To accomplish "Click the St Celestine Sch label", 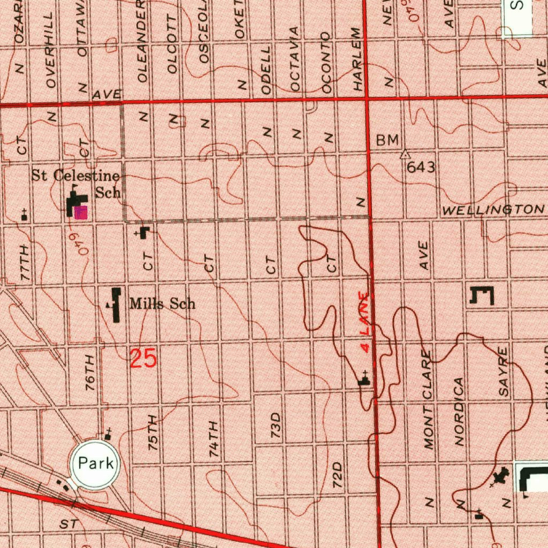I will click(75, 183).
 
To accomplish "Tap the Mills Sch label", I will click(162, 305).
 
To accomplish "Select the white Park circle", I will click(95, 464).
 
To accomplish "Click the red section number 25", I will click(143, 358).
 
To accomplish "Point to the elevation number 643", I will click(421, 167).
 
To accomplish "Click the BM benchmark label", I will click(387, 140).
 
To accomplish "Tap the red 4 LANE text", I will click(364, 322).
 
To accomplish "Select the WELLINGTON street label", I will click(492, 209).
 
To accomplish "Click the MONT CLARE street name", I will click(429, 399).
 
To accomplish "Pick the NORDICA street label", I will click(459, 411).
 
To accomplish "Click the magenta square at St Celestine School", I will click(81, 212).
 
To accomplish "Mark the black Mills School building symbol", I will click(116, 305).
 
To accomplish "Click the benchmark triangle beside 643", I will click(405, 154).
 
